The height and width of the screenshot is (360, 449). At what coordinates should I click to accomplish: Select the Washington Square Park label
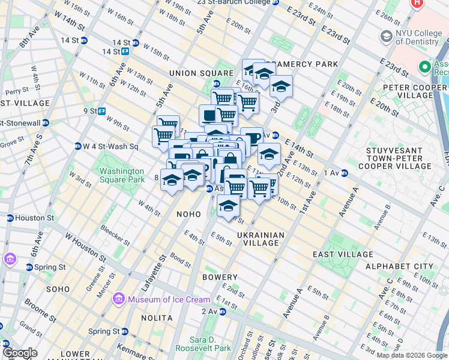(x=122, y=175)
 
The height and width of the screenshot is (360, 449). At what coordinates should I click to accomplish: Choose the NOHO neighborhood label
(x=188, y=214)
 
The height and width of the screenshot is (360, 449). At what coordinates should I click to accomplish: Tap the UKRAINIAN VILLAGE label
(x=261, y=239)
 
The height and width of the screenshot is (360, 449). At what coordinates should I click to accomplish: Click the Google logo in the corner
(x=20, y=353)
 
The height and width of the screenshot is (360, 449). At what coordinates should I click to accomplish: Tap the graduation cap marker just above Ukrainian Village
(x=228, y=205)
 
